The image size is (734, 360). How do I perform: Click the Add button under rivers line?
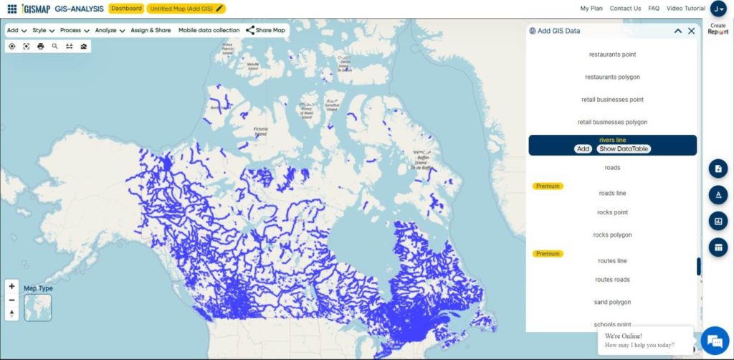click(583, 149)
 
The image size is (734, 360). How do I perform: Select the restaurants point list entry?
click(612, 55)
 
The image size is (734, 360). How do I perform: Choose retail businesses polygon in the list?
click(612, 122)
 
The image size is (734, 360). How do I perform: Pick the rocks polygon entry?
click(612, 235)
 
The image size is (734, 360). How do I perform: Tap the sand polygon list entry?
click(612, 302)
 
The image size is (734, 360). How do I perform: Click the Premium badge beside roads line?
click(548, 186)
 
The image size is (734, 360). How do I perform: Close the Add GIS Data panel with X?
click(691, 31)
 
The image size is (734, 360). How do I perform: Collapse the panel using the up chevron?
click(677, 31)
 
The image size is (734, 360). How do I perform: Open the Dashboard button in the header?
click(126, 9)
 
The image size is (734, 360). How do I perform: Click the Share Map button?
click(266, 31)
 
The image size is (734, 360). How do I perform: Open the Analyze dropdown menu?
click(110, 31)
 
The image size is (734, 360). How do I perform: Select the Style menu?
click(43, 31)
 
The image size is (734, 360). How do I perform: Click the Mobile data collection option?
click(209, 31)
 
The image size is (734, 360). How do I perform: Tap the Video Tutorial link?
click(685, 9)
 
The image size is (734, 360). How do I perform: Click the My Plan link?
click(591, 9)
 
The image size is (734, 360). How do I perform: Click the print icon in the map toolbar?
click(40, 46)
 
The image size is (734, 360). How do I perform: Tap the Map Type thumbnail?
click(37, 307)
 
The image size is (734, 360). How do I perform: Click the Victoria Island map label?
click(260, 131)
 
